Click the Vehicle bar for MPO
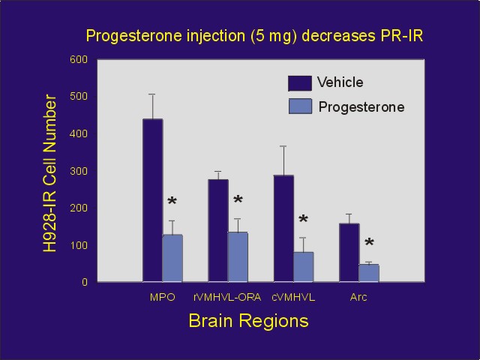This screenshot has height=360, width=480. (152, 200)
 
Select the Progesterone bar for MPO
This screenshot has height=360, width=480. (172, 258)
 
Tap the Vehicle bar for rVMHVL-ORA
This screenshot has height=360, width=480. (217, 230)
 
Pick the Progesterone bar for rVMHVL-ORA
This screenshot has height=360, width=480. (237, 256)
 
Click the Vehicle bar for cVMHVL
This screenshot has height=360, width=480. (283, 228)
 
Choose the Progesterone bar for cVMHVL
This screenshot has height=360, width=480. (303, 266)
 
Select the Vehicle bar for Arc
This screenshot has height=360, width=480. (349, 252)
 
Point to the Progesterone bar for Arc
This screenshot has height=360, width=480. (368, 273)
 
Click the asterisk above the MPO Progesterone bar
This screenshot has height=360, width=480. (172, 203)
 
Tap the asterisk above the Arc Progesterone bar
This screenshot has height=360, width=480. (369, 244)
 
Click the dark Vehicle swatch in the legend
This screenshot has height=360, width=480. (300, 82)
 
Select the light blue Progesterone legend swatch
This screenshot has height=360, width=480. (300, 106)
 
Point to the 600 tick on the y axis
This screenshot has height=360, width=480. (79, 59)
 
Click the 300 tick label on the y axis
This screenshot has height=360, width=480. (79, 171)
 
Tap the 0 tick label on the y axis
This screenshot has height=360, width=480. (85, 282)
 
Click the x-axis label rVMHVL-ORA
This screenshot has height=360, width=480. (227, 297)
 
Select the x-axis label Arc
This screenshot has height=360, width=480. (358, 297)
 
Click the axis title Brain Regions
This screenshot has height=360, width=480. (248, 321)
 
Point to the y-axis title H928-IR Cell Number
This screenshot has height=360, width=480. (51, 172)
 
